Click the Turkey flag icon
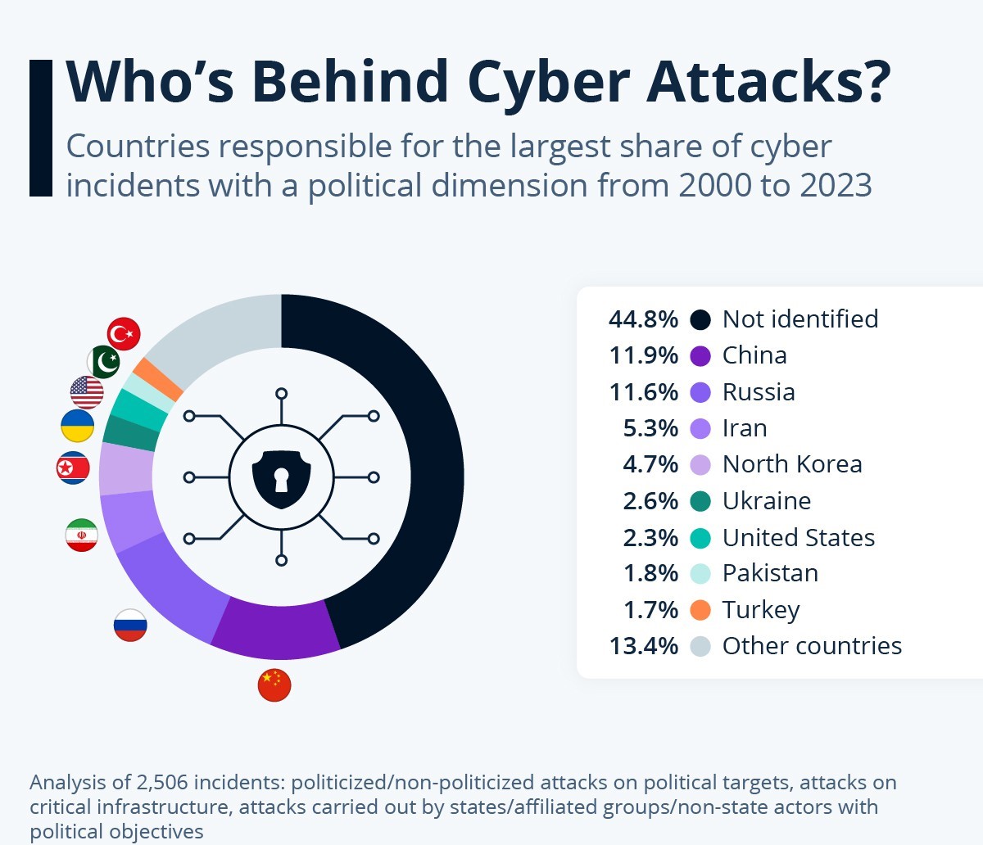(124, 334)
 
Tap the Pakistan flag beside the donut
(104, 361)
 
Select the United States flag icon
(87, 393)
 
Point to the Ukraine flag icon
(77, 427)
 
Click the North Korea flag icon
(73, 468)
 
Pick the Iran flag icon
(82, 535)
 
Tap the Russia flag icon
(130, 626)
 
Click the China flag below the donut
(274, 685)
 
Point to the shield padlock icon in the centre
(281, 477)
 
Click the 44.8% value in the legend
(643, 319)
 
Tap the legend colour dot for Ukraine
(700, 501)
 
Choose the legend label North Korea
(791, 464)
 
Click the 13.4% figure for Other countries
(643, 646)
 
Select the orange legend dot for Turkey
(700, 610)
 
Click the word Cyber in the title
(550, 81)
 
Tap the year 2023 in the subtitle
(836, 185)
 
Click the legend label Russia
(758, 392)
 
